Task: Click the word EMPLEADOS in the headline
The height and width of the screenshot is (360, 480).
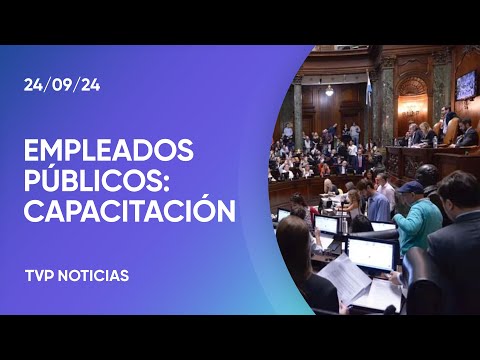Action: (108, 152)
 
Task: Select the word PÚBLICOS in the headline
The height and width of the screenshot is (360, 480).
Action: (92, 182)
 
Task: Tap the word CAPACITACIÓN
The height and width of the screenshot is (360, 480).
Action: (129, 212)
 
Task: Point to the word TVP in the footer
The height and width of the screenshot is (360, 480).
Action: (40, 275)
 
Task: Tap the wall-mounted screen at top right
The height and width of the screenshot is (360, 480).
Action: (465, 84)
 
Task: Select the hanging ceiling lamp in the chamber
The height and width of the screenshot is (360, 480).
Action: (329, 90)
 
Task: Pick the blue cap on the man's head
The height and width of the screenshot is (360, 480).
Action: (410, 186)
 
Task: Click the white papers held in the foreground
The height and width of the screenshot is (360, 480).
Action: (346, 280)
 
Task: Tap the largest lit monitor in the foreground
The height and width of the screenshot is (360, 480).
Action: (370, 253)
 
